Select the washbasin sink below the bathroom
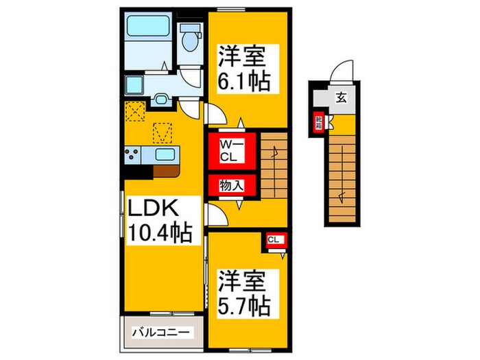pyautogui.click(x=162, y=98)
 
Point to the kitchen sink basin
pyautogui.click(x=165, y=154)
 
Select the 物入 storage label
pyautogui.click(x=230, y=185)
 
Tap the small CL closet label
pyautogui.click(x=274, y=239)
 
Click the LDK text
pyautogui.click(x=151, y=207)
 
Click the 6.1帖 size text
pyautogui.click(x=241, y=80)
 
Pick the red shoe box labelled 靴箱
pyautogui.click(x=318, y=123)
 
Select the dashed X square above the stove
pyautogui.click(x=135, y=110)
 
